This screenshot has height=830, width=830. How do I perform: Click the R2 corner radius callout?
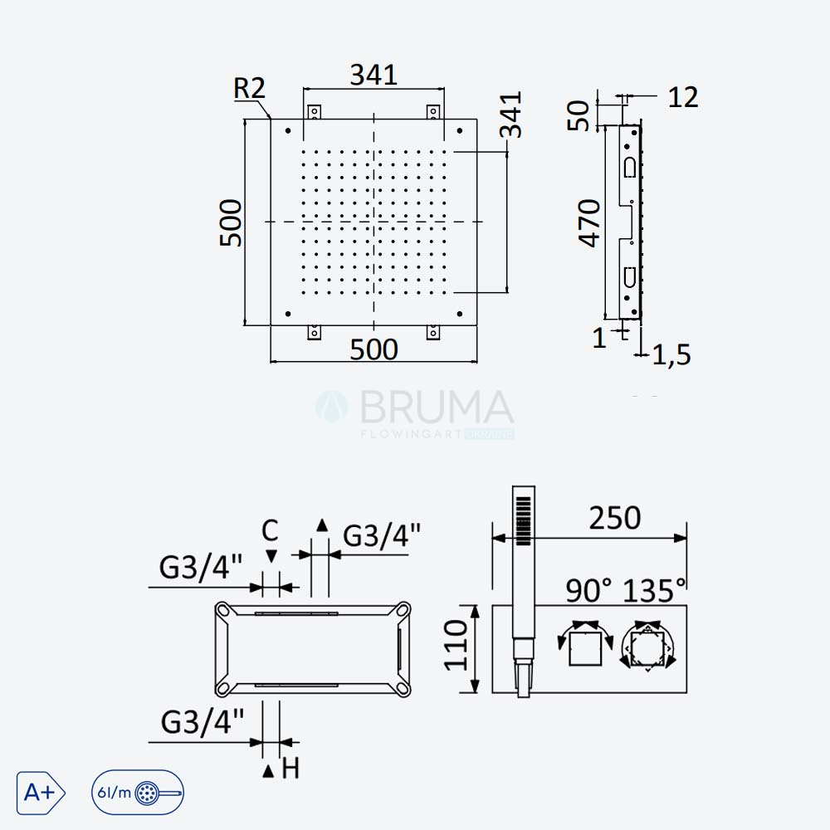(249, 88)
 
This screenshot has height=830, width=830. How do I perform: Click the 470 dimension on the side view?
(589, 222)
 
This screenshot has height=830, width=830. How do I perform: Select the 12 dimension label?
(683, 97)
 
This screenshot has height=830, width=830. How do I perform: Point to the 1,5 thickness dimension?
(671, 354)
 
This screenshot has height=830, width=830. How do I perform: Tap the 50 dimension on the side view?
(579, 115)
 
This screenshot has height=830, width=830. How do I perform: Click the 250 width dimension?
(614, 518)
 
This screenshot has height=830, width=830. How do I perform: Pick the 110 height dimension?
(456, 645)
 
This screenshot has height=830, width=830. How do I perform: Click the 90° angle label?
(588, 590)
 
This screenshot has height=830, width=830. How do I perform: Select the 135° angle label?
(654, 590)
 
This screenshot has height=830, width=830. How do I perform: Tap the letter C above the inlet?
(270, 530)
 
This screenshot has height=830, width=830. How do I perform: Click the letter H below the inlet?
(290, 768)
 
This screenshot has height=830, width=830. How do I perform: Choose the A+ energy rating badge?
(41, 793)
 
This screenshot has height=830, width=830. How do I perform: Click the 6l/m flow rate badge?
(138, 793)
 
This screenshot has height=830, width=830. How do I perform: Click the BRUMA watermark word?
(437, 407)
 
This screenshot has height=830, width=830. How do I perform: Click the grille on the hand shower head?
(523, 520)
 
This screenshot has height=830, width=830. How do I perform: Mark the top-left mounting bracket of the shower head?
(315, 113)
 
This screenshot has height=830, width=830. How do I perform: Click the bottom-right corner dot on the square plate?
(460, 314)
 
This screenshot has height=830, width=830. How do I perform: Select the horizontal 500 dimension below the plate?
(373, 349)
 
